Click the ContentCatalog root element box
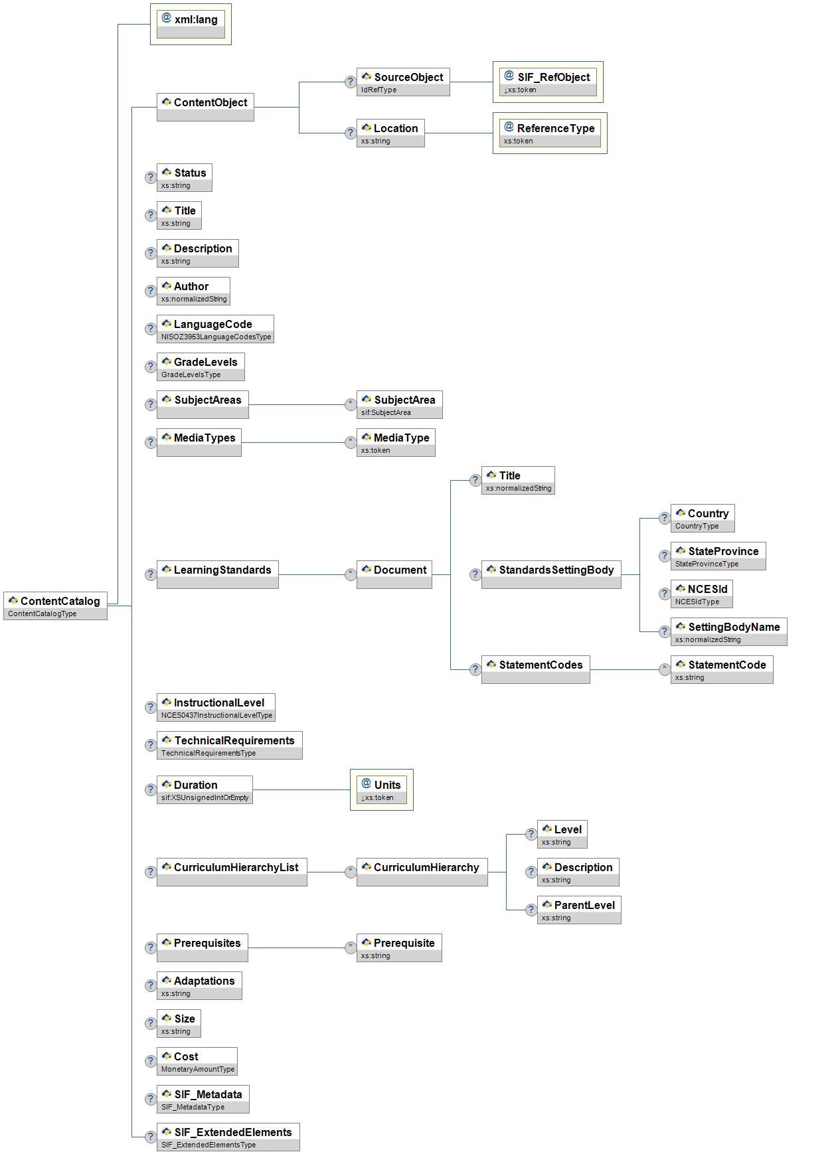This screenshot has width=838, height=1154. point(55,605)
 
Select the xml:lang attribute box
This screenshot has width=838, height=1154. point(191,24)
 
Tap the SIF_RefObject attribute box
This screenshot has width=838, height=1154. point(548,82)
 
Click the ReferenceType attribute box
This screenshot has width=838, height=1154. point(550,133)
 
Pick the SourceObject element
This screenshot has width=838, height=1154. point(403,82)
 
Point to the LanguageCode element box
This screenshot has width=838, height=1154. point(215,329)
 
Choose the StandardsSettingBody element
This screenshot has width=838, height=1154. point(551,574)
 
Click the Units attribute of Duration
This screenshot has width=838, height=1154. point(382,789)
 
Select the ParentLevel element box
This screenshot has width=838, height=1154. point(579,910)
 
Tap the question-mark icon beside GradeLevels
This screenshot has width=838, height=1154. point(151,367)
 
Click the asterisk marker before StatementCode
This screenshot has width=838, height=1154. point(664,669)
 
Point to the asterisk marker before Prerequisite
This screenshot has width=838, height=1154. point(350,948)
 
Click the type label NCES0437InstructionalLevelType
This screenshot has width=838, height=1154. point(216,715)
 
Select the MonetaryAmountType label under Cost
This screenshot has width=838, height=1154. point(198,1069)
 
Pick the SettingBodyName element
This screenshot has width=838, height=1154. point(728,631)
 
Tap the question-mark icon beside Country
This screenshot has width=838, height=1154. point(664,518)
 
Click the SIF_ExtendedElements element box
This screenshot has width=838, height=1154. point(228,1137)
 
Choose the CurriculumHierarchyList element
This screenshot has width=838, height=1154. point(232,872)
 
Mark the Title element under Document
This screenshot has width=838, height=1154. point(518,480)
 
